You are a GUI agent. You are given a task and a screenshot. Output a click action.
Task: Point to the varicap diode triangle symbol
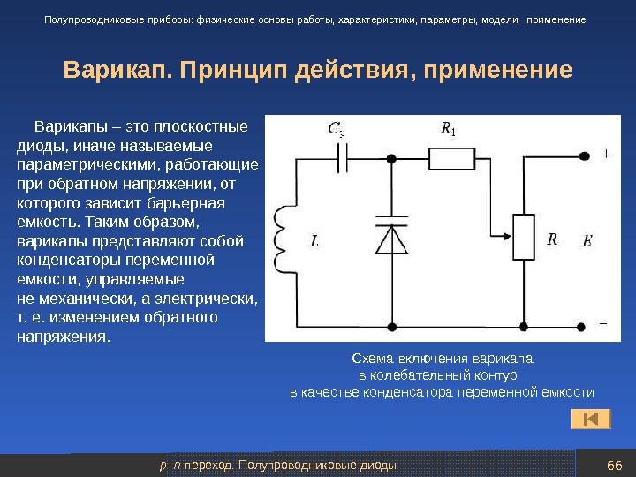click(x=390, y=239)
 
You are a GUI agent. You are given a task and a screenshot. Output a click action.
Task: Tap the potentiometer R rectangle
click(x=525, y=237)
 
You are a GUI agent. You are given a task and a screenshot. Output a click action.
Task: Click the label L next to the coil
click(x=315, y=239)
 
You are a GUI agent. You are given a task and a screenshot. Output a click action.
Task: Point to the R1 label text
click(x=448, y=131)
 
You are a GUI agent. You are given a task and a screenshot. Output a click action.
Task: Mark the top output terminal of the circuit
click(x=581, y=159)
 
